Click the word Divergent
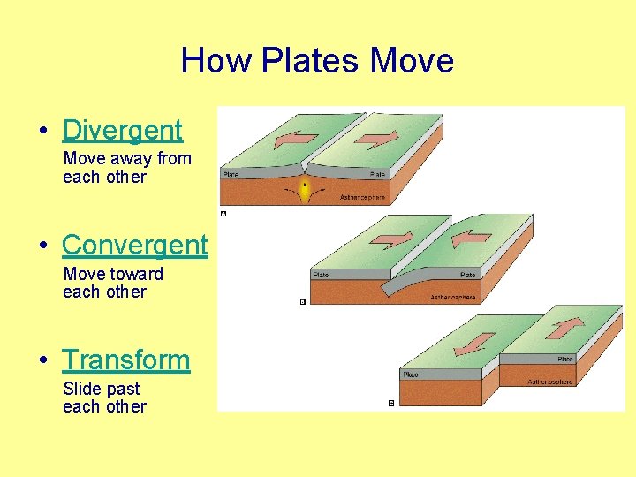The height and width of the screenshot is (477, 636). (122, 130)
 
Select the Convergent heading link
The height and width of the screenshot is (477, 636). (134, 245)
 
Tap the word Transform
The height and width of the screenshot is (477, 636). (125, 360)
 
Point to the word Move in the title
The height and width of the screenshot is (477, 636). (412, 61)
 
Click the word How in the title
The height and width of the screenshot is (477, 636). (216, 61)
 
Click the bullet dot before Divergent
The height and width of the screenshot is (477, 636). (44, 131)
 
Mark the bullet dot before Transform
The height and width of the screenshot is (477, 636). (44, 360)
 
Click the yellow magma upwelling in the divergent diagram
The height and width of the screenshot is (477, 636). (305, 189)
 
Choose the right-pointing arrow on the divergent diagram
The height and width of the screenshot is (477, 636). (379, 138)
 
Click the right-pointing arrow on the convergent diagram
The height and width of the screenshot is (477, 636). (391, 238)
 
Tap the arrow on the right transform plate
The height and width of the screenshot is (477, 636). (566, 328)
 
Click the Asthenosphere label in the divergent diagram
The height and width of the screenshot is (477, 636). (363, 198)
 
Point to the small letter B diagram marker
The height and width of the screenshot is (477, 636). (302, 302)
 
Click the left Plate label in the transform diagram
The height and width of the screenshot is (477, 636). (411, 375)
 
